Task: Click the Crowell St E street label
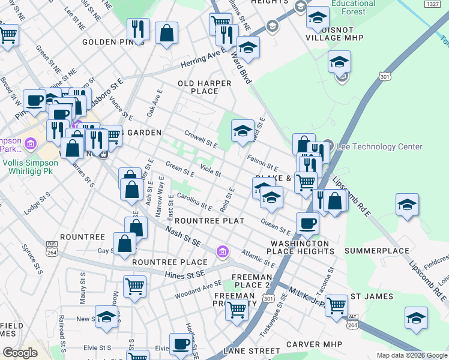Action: pos(200,139)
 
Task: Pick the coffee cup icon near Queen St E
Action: pos(307,223)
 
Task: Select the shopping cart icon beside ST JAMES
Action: pos(336,305)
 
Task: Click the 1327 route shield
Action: pos(431,4)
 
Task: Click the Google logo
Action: pos(20,353)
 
